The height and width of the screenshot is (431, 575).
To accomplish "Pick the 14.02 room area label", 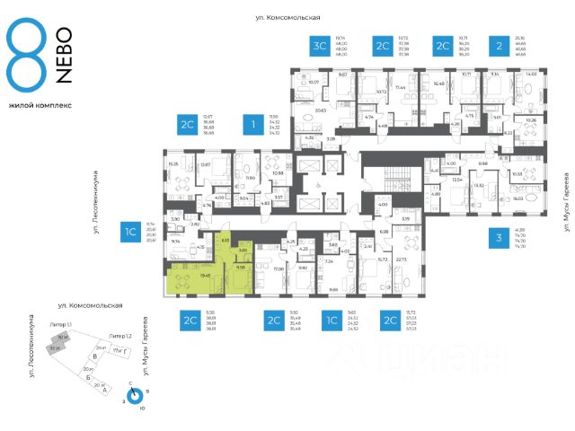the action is pyautogui.click(x=530, y=75).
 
